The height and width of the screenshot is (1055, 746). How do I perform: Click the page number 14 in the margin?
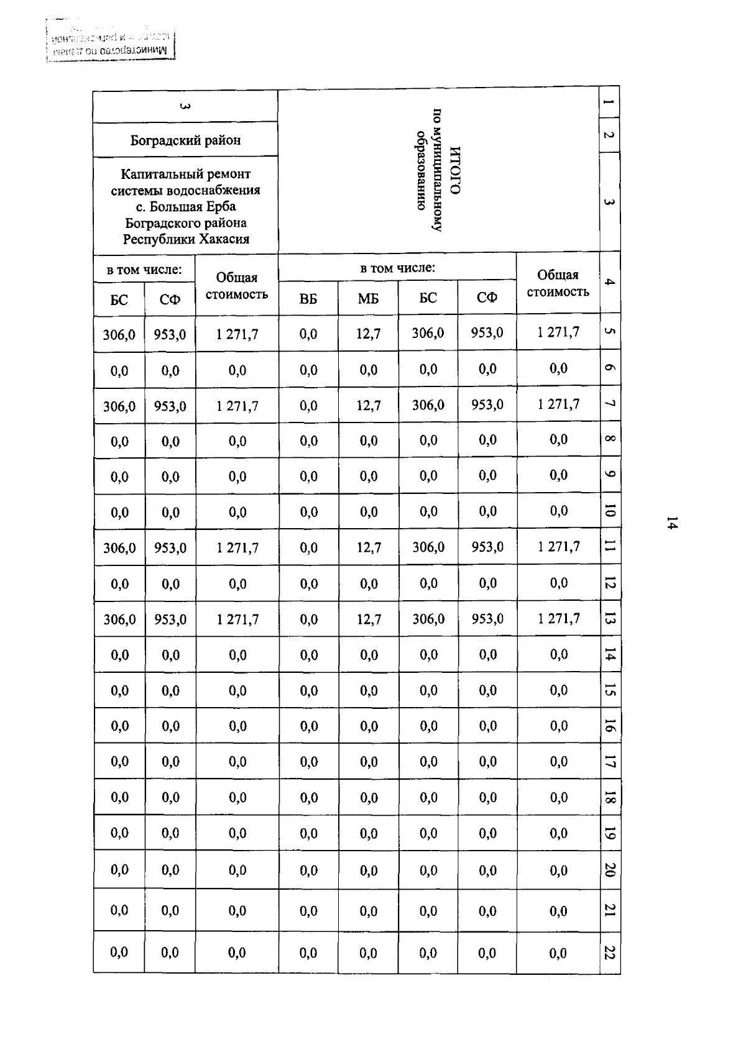click(x=671, y=523)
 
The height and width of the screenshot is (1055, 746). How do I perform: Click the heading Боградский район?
click(x=185, y=140)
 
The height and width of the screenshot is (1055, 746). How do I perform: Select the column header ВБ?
click(x=308, y=299)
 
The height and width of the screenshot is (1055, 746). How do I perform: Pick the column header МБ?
click(x=368, y=299)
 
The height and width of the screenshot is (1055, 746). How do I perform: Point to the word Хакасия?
click(x=223, y=239)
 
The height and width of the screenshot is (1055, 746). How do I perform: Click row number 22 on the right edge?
click(x=609, y=952)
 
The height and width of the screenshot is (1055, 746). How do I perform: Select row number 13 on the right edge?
click(x=609, y=619)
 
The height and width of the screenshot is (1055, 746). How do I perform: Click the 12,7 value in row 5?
click(x=368, y=334)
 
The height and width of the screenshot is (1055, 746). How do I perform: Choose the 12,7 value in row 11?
click(x=368, y=547)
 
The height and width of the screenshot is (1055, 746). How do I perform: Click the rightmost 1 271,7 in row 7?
click(x=558, y=404)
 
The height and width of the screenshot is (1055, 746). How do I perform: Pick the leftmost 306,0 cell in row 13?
click(x=119, y=619)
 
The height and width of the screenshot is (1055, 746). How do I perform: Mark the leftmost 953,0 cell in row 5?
click(x=170, y=334)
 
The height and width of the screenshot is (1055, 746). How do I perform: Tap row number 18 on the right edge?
click(x=609, y=797)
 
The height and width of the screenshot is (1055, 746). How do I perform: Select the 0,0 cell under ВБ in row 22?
click(x=308, y=952)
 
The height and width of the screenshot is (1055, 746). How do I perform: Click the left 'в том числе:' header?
click(x=144, y=270)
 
